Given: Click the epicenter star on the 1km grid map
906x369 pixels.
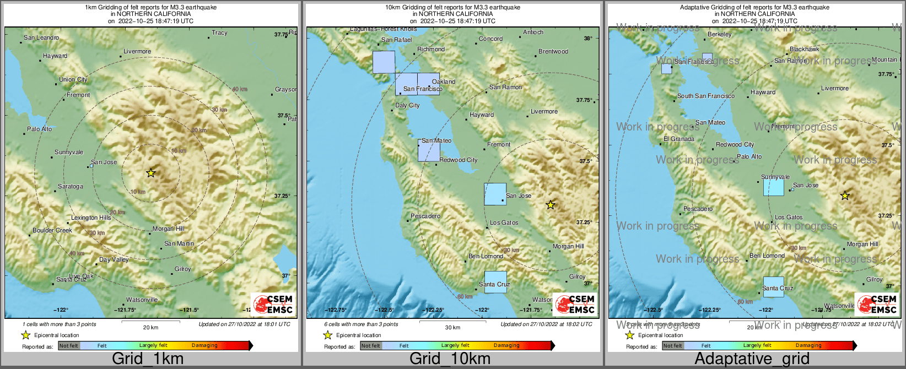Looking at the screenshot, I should tap(151, 173).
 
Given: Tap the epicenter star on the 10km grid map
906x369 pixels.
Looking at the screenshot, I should tap(550, 205).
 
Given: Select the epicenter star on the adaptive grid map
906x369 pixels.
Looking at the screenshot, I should tap(845, 196).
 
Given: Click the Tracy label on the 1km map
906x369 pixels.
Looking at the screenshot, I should tap(219, 33).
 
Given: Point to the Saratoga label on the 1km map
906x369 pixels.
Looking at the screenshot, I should tap(71, 187).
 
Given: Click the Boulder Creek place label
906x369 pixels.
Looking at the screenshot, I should tap(52, 230).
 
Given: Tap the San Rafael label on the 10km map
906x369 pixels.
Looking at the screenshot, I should tap(396, 40).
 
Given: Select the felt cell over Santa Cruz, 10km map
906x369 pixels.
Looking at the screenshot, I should tap(495, 282).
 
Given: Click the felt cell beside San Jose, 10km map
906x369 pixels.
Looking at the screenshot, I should tap(495, 194).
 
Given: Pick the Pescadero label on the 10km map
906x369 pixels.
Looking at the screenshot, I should tap(425, 216).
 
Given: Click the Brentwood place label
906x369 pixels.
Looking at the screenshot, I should tap(553, 52).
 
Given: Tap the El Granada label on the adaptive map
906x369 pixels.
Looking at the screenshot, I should tap(679, 139).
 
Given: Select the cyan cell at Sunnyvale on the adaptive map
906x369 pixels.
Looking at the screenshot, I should tap(773, 187).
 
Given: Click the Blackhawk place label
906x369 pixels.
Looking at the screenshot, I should tap(804, 50).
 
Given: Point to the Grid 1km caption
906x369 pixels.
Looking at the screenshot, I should tap(148, 359).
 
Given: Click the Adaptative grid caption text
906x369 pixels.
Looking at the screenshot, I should tap(752, 359).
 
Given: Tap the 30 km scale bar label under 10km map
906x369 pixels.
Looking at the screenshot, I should tap(452, 328).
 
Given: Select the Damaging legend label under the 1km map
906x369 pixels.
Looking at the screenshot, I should tap(204, 345).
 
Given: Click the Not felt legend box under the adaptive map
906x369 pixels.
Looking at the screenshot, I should tap(672, 345).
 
